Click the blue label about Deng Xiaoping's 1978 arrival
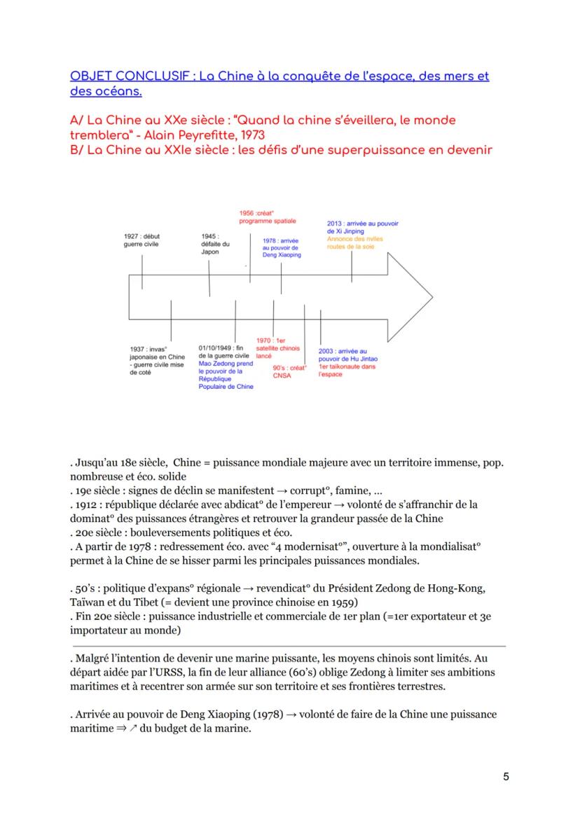coord(281,248)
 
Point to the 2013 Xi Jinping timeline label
coord(362,227)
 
